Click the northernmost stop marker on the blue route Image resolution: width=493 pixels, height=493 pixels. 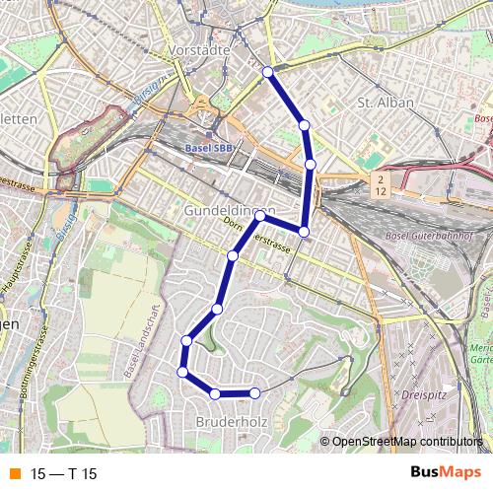pyautogui.click(x=267, y=71)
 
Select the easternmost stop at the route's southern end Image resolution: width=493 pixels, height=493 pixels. pyautogui.click(x=254, y=393)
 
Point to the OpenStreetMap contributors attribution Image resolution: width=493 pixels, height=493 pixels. pyautogui.click(x=406, y=442)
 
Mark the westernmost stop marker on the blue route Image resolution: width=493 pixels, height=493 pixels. pyautogui.click(x=182, y=372)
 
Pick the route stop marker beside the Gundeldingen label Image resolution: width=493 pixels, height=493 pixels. pyautogui.click(x=260, y=214)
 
